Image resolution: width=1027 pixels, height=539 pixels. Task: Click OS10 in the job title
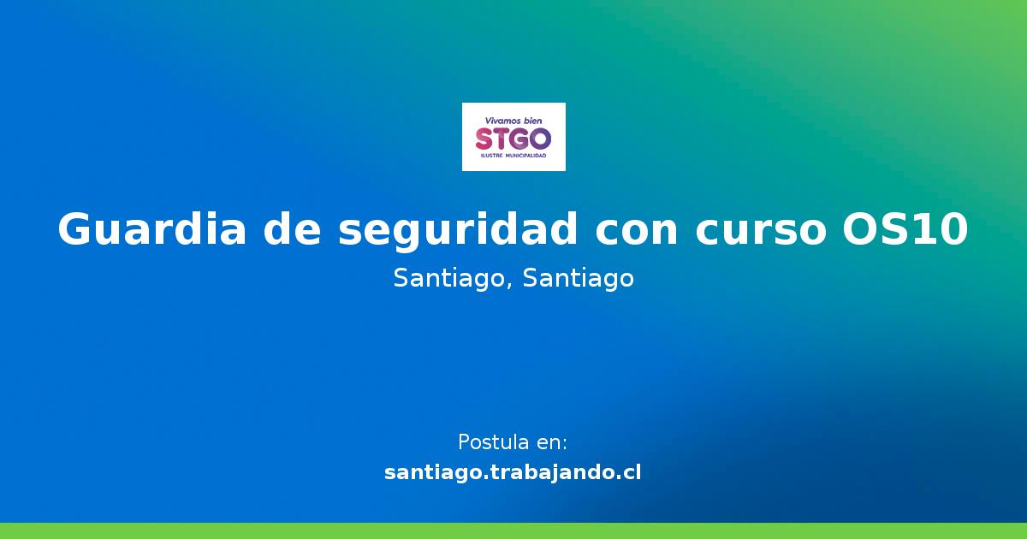[905, 230]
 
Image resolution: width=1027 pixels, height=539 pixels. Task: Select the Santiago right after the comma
[578, 279]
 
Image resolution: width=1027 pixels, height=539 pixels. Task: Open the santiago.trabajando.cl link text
[513, 472]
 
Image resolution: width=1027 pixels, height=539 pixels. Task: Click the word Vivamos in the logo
[502, 121]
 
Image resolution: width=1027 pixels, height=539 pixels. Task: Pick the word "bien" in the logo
[533, 121]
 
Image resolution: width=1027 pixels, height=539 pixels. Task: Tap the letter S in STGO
[484, 139]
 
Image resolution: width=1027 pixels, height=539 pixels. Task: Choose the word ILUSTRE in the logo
[494, 157]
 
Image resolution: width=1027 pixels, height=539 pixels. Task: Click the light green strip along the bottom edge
[513, 531]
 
